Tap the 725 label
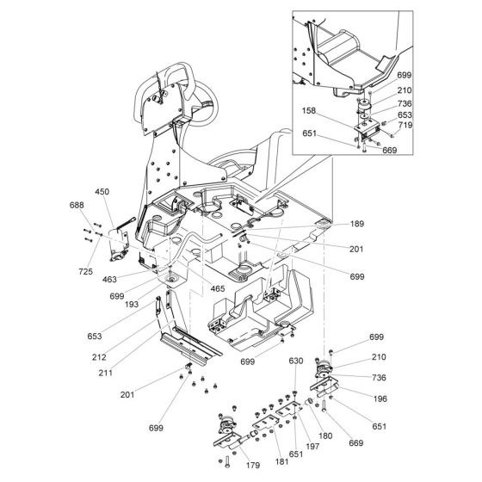pyautogui.click(x=83, y=270)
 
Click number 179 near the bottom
pyautogui.click(x=229, y=466)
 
